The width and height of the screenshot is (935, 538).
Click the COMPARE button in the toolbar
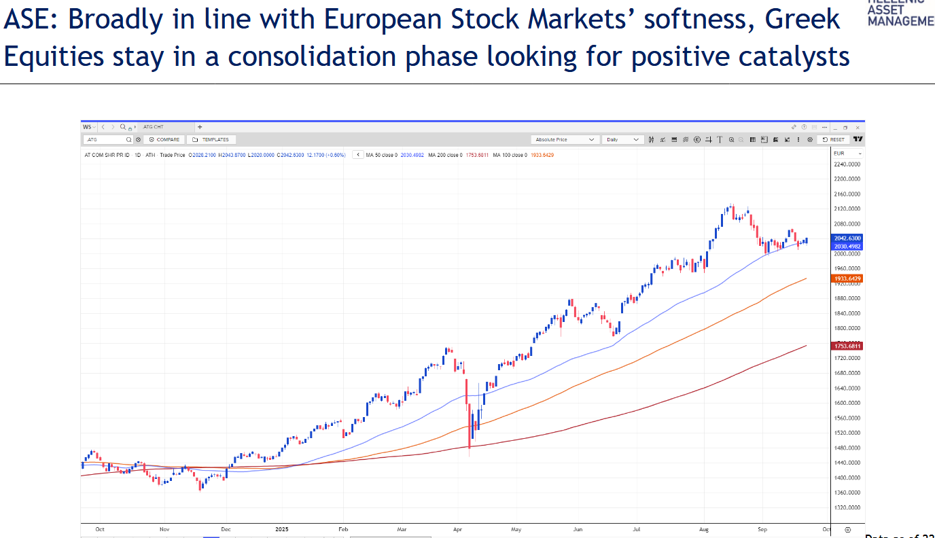[165, 139]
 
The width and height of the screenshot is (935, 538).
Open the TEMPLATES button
[211, 139]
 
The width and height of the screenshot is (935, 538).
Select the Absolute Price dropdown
[565, 139]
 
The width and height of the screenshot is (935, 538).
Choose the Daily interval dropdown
[622, 139]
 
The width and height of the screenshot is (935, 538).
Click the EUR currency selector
[847, 154]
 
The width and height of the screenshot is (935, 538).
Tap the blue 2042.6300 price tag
[847, 238]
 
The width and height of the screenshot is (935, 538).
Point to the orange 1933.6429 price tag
[847, 279]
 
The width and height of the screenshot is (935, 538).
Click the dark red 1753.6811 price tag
[847, 346]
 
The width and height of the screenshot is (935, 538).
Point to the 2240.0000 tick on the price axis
[847, 164]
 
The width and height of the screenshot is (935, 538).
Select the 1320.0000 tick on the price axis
[847, 507]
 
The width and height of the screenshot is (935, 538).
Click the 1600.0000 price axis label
[847, 403]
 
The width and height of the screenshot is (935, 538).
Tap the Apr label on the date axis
[458, 528]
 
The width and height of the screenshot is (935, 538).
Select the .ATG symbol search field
[107, 139]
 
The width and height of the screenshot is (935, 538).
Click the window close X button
[858, 127]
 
